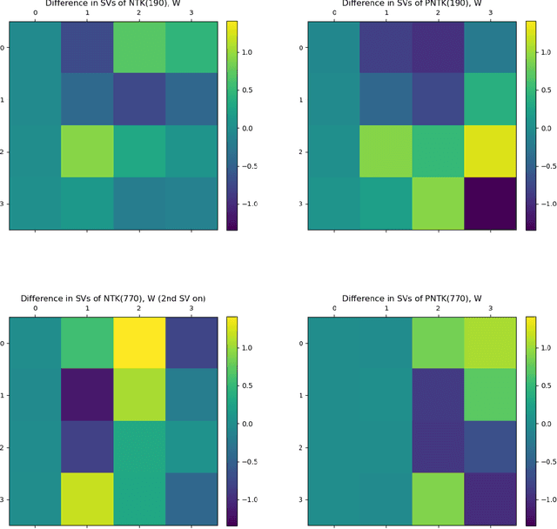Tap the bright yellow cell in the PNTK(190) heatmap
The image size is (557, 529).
[x=490, y=151]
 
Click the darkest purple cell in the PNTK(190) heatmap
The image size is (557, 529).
[x=490, y=204]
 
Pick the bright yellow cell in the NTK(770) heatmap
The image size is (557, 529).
[x=139, y=344]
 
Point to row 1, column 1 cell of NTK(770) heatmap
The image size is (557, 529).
[x=87, y=396]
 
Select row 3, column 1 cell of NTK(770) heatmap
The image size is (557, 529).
[x=87, y=499]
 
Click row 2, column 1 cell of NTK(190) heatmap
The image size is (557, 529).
[x=87, y=151]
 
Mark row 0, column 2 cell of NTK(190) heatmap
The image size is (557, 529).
[x=139, y=47]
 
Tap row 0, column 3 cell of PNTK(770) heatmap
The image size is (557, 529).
[x=490, y=344]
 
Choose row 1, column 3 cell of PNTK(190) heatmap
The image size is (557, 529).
[x=490, y=99]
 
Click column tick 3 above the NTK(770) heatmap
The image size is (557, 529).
[x=191, y=308]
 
